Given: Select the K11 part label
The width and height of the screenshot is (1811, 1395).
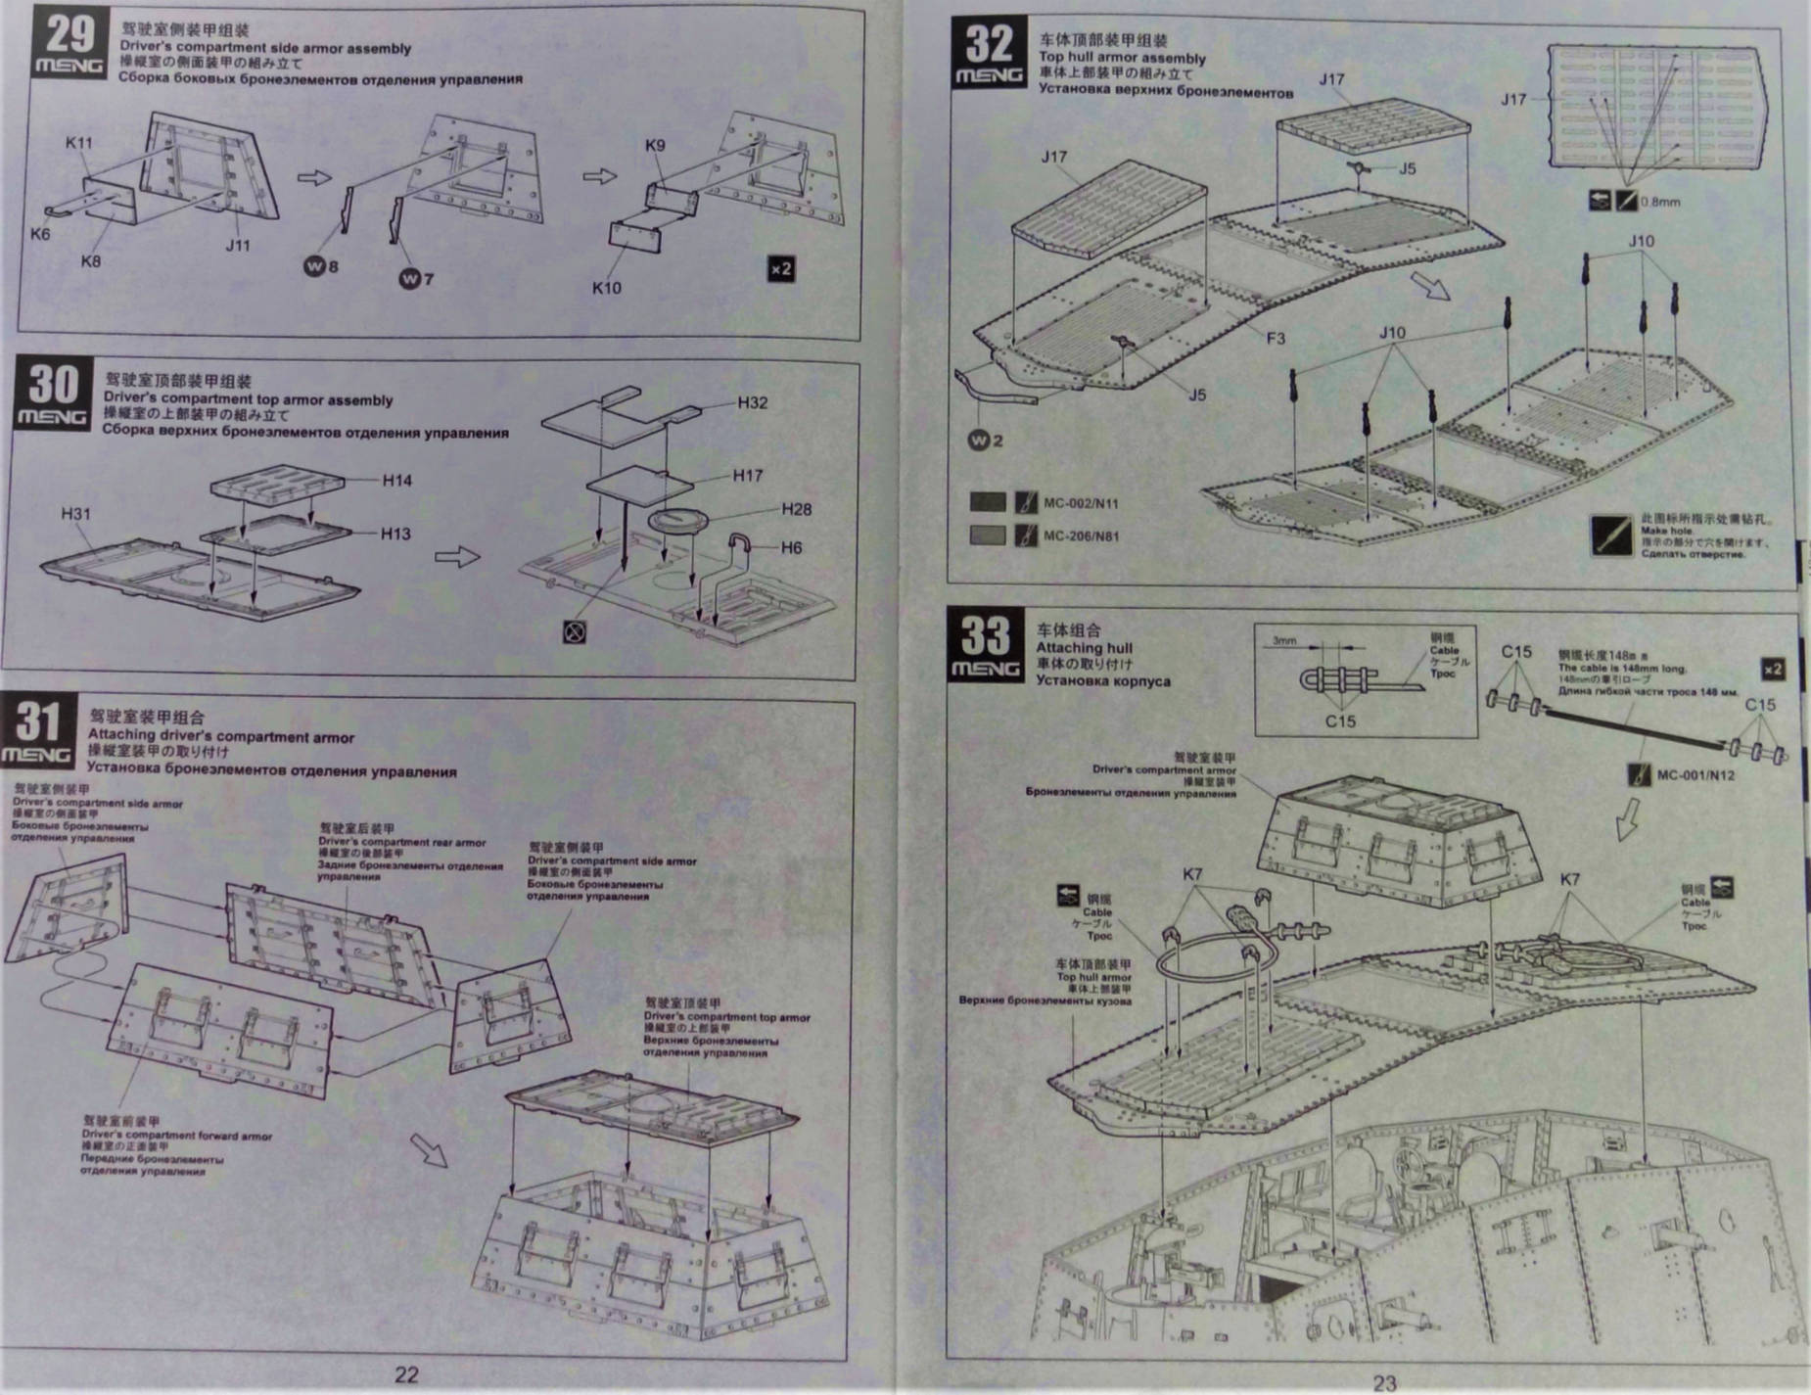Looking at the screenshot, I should pos(79,143).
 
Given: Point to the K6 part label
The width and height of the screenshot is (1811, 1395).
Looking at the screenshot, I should pos(39,234).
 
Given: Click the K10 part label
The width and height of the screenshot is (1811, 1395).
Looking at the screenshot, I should pos(606,288).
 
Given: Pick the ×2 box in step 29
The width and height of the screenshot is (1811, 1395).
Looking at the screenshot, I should pos(780,268).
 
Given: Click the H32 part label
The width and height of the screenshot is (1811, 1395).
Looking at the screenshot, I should pos(752,403).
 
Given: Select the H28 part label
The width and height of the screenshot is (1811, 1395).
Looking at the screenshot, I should pos(796,509).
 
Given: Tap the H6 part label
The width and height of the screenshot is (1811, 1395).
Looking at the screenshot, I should pos(791,547).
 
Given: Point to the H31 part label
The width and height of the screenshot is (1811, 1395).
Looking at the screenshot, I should pos(75,514).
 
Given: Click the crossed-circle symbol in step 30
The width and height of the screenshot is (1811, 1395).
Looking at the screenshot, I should pos(575,632).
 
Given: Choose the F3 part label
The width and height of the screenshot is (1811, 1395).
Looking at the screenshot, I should pos(1276,339).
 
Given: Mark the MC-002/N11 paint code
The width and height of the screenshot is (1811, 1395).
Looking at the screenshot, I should pos(1081,503).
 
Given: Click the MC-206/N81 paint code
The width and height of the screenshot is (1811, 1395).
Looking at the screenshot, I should pos(1081,535).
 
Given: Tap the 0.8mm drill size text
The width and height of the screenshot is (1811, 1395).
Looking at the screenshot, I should pos(1660,203).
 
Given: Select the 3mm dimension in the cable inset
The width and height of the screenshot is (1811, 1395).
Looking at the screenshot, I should pos(1283,641).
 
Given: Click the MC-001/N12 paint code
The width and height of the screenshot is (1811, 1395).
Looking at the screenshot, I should pos(1695,775).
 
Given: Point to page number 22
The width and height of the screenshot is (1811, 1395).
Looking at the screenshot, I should pos(406,1374).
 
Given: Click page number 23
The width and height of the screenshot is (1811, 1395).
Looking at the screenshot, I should pos(1384,1382).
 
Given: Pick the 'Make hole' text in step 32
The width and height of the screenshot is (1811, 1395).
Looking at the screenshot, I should pos(1666,531).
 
